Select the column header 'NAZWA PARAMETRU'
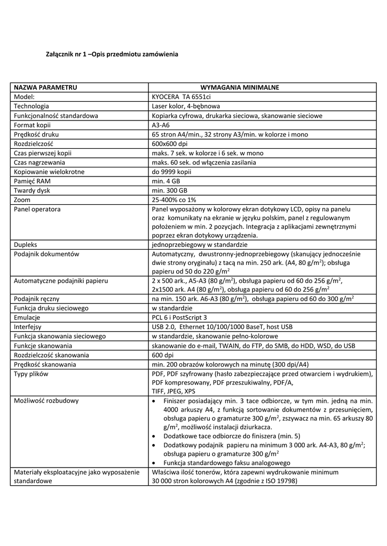[46, 87]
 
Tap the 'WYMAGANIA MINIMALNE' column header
[240, 87]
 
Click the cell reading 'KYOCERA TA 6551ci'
[181, 97]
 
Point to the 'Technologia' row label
[31, 106]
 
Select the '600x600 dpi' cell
[169, 143]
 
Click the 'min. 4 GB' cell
[166, 181]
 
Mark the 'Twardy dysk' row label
[31, 190]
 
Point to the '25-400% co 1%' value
[174, 199]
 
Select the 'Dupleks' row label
[26, 244]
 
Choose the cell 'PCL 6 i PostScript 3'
[179, 317]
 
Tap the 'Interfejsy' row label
[28, 326]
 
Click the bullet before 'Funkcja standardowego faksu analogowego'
[154, 463]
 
